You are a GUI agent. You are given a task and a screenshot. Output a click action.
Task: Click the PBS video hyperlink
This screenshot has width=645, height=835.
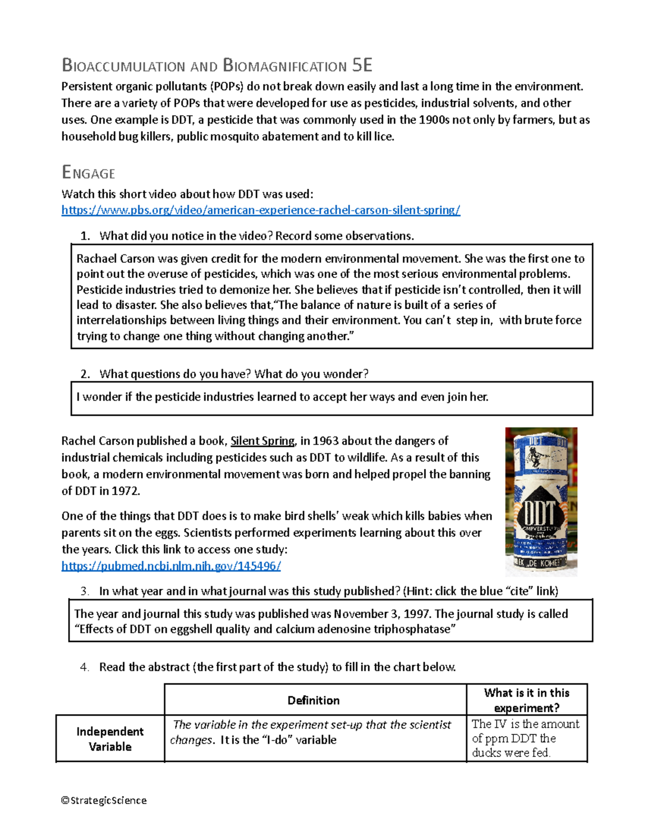[261, 210]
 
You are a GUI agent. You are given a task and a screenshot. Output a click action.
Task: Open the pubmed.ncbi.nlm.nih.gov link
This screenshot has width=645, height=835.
[171, 566]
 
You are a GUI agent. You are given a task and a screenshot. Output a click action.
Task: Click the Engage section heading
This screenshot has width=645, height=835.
[88, 173]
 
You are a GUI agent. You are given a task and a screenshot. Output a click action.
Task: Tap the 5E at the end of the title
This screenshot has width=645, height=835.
[362, 66]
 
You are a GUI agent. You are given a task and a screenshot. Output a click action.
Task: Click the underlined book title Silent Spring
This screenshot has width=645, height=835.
[262, 441]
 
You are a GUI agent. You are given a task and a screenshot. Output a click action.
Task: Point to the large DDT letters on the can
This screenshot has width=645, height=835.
[539, 515]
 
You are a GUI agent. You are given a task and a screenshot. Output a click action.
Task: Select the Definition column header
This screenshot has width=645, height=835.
[313, 700]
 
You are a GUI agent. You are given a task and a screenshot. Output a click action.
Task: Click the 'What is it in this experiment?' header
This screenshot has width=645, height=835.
[526, 700]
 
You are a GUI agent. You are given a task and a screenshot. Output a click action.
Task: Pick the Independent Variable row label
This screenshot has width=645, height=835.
[110, 739]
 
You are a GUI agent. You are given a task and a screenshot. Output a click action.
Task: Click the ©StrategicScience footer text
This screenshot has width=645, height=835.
[104, 800]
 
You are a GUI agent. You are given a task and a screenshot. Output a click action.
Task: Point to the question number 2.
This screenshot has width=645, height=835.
[84, 374]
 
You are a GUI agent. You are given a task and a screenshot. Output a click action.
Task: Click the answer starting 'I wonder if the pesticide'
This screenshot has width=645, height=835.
[282, 397]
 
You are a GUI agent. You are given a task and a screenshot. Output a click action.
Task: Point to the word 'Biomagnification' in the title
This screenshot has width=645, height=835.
[285, 66]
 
